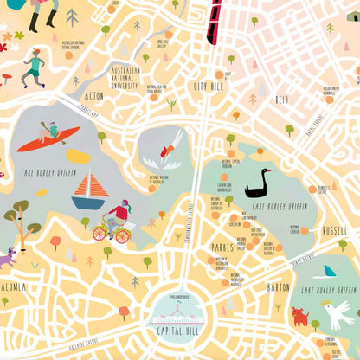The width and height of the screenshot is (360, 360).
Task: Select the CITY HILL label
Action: tap(210, 87)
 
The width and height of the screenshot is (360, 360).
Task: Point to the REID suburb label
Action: tap(281, 100)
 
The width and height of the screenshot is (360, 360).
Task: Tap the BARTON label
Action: tap(279, 286)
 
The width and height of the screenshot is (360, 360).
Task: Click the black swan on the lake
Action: tap(257, 184)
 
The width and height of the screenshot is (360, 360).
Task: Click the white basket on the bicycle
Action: tap(121, 235)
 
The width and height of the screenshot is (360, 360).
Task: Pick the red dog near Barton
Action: tap(300, 316)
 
